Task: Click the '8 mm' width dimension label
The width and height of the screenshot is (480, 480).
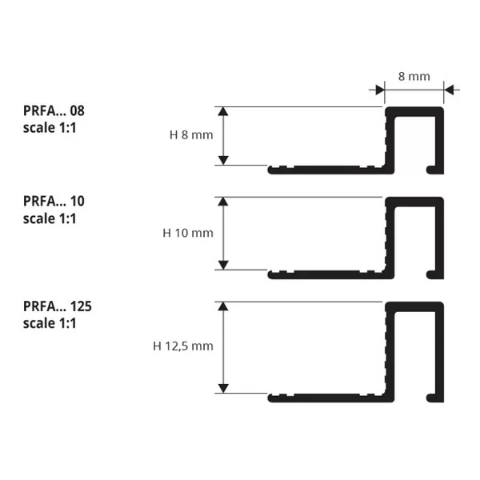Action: pos(414,76)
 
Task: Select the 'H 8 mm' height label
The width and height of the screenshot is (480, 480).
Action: pos(191,134)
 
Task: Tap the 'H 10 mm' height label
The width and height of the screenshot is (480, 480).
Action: pos(188,233)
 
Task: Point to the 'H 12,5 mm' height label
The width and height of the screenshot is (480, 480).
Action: pos(183,346)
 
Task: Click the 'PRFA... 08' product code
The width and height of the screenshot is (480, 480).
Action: pos(54,111)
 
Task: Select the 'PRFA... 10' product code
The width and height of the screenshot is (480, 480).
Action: pos(54,201)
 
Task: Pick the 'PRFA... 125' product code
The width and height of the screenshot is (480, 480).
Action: pos(58,306)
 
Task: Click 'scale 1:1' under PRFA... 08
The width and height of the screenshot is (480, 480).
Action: pos(50,128)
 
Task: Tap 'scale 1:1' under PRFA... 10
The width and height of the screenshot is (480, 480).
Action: pos(50,218)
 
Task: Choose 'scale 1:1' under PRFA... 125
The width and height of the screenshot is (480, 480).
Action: pos(50,323)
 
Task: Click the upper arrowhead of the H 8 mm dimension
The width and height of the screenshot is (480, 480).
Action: pos(223,111)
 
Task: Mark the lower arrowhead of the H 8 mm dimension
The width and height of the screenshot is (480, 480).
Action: pos(223,161)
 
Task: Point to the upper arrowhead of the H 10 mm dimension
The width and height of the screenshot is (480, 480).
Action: pos(223,202)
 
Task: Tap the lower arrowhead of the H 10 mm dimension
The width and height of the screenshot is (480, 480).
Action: pos(223,265)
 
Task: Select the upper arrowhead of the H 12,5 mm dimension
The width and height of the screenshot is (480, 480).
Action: pos(223,306)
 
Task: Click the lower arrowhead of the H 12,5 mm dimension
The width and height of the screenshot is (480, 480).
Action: pos(223,389)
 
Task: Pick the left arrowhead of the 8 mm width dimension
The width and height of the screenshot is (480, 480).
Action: pos(380,90)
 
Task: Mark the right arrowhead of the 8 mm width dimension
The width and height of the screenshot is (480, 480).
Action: pos(449,90)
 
